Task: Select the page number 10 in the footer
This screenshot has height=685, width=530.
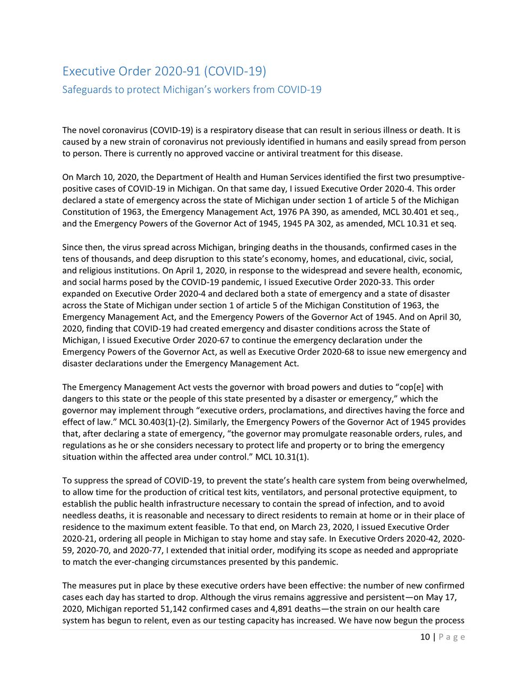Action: (425, 637)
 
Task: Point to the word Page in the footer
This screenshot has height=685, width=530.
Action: (452, 637)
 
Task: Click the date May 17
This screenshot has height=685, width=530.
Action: (443, 597)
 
